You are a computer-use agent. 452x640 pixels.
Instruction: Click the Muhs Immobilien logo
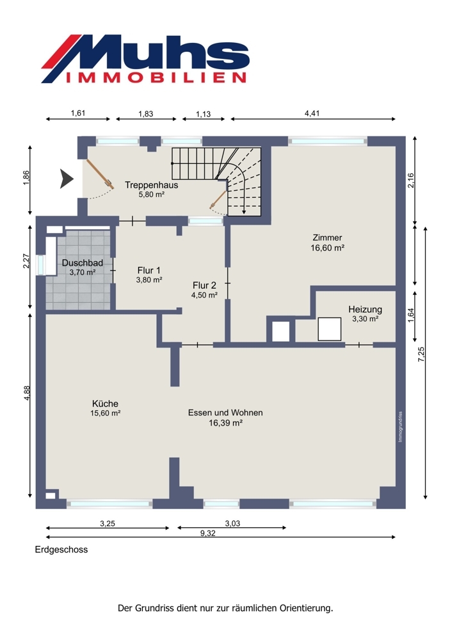(x=145, y=59)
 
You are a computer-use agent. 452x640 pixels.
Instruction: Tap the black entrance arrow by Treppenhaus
(x=67, y=179)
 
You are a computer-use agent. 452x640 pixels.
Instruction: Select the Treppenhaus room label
(x=152, y=189)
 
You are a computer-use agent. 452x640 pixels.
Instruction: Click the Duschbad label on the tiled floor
(x=83, y=268)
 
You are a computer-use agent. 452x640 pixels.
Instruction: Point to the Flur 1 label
(x=149, y=275)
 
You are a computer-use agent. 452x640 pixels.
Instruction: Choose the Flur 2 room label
(x=205, y=290)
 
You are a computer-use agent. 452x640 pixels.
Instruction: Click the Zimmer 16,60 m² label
(x=327, y=243)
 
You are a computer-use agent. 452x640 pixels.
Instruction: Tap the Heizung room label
(x=365, y=314)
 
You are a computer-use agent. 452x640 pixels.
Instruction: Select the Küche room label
(x=106, y=408)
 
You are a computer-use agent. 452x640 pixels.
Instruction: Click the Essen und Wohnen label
(x=225, y=417)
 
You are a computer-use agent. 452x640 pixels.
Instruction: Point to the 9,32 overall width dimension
(x=208, y=534)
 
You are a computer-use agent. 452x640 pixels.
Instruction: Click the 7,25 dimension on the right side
(x=421, y=355)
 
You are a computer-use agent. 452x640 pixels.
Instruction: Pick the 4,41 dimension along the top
(x=312, y=113)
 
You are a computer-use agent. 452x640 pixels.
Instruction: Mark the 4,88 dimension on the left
(x=27, y=393)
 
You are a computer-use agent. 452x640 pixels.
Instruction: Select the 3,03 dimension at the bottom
(x=232, y=524)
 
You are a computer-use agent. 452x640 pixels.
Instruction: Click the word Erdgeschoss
(x=61, y=550)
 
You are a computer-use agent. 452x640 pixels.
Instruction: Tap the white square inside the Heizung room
(x=330, y=329)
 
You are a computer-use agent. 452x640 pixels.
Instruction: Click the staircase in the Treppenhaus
(x=216, y=181)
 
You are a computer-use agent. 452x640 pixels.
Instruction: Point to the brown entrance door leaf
(x=99, y=173)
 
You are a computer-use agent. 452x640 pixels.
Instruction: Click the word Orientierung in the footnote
(x=306, y=608)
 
